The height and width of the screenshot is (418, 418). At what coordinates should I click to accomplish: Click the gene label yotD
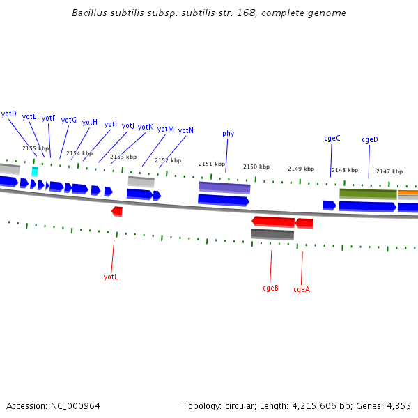[x=9, y=114]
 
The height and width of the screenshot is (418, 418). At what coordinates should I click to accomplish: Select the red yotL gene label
[x=111, y=277]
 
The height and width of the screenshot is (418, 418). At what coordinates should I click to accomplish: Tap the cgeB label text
[x=270, y=288]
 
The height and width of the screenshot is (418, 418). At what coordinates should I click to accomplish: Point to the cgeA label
[x=302, y=289]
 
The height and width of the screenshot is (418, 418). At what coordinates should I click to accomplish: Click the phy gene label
[x=229, y=133]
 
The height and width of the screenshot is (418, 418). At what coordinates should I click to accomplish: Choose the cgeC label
[x=332, y=138]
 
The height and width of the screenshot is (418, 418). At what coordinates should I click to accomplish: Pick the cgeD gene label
[x=370, y=139]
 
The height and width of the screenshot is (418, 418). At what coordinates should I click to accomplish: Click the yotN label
[x=186, y=130]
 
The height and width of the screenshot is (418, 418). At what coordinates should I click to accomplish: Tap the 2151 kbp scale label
[x=212, y=164]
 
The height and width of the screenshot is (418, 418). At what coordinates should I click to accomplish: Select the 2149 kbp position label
[x=301, y=169]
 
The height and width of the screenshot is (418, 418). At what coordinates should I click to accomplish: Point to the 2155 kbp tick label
[x=36, y=148]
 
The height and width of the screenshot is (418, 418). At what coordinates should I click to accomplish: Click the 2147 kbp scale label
[x=389, y=171]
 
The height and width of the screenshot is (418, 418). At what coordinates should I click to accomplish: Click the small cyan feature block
[x=35, y=171]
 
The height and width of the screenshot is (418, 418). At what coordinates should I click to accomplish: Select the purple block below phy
[x=224, y=187]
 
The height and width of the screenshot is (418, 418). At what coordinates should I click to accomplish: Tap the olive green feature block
[x=368, y=194]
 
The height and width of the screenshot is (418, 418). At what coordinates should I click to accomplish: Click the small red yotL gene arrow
[x=117, y=210]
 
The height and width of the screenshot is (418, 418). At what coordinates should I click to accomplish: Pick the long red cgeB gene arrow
[x=273, y=222]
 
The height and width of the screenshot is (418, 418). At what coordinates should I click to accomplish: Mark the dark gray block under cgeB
[x=272, y=234]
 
